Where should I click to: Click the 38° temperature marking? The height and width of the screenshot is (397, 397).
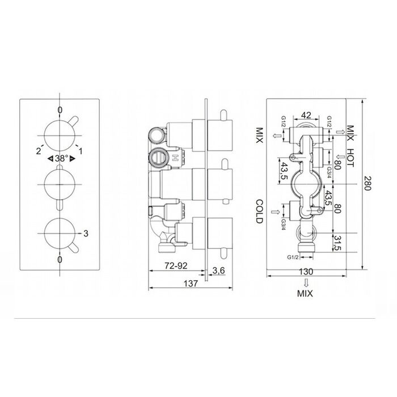pos(62,158)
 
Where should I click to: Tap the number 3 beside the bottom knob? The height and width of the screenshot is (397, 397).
pos(86,233)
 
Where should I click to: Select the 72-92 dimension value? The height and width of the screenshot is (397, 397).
pos(176,265)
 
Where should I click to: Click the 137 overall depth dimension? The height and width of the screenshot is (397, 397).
pos(191,284)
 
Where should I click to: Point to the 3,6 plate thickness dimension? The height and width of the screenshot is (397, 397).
pos(218,271)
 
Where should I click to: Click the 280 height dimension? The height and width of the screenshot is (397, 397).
pos(368,184)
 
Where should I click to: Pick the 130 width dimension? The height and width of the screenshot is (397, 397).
pos(306,272)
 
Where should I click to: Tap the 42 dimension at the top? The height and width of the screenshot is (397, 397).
pos(306,115)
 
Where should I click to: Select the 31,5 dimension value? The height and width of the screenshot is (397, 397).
pos(337,243)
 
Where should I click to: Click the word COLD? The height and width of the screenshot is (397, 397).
pos(260,212)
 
